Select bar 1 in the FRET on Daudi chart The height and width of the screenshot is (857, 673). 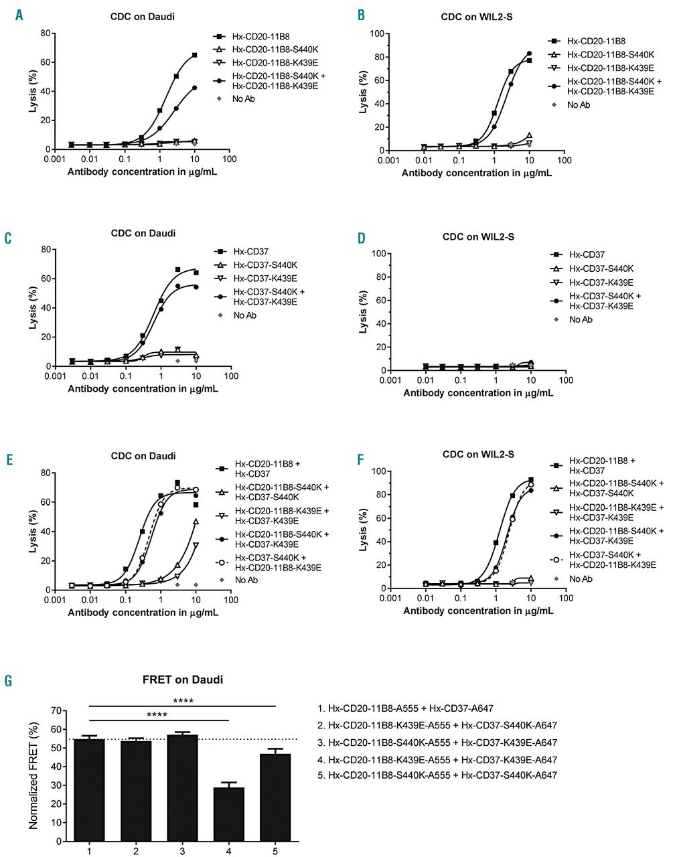(88, 790)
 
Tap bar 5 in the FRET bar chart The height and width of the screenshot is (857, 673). (276, 797)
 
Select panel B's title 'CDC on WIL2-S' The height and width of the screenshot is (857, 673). (477, 17)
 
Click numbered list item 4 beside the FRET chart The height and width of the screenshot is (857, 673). (437, 760)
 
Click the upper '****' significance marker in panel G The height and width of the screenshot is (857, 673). (183, 701)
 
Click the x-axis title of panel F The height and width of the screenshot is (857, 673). (478, 611)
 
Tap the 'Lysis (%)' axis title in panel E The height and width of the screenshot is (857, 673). (32, 531)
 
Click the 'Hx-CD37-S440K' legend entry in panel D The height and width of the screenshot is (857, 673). (600, 268)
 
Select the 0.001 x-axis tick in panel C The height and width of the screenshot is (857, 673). (55, 377)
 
